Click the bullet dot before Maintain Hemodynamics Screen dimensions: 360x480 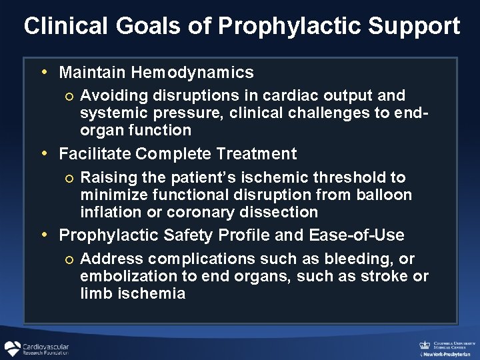(x=43, y=71)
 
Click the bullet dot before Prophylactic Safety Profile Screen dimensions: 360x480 (x=43, y=235)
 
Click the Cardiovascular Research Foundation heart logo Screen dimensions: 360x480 (x=12, y=349)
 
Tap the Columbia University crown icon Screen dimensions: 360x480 (x=424, y=345)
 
